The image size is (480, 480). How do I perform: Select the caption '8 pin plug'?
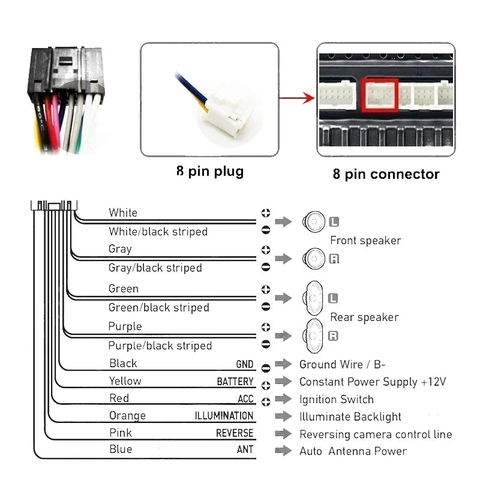[210, 172]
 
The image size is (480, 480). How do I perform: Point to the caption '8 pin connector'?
[386, 174]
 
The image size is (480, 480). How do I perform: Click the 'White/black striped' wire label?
[158, 232]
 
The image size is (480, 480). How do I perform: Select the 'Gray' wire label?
[120, 249]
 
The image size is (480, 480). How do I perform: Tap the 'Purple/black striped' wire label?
[160, 346]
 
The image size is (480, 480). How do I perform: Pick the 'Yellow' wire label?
[125, 381]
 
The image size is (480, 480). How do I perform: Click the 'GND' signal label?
[244, 365]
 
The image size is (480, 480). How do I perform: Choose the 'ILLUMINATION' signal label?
[224, 416]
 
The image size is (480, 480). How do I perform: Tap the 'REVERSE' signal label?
[235, 433]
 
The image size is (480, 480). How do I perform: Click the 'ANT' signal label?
[245, 450]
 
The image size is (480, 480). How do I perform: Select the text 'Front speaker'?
[365, 241]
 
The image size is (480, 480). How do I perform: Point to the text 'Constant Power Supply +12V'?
[373, 382]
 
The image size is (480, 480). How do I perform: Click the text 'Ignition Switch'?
[336, 400]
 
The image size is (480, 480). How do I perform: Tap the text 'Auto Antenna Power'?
[353, 451]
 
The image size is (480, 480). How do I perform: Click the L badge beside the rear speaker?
[334, 298]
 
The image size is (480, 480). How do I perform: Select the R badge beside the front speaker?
[334, 259]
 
